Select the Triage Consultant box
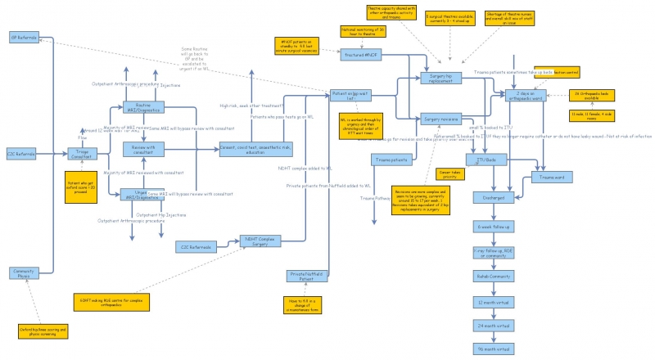point(81,153)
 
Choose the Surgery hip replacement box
point(441,78)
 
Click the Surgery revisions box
point(441,119)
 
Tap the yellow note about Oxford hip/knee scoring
point(43,331)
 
